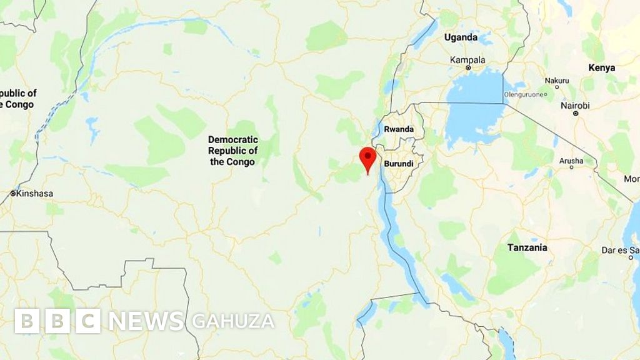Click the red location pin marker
367,157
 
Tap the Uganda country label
461,37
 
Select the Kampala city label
467,60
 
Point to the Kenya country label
601,67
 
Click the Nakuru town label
557,81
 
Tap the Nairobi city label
574,106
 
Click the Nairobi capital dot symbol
576,114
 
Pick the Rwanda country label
399,129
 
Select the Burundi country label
399,164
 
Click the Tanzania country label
527,247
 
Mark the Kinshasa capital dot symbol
12,194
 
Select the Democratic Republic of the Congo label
232,151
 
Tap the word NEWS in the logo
147,321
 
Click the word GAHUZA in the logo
233,321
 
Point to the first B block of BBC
27,321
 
